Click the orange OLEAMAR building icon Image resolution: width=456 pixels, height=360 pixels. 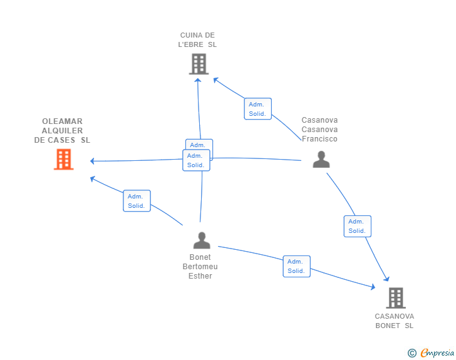point(64,160)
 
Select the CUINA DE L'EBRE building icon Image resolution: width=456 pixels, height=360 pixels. point(199,64)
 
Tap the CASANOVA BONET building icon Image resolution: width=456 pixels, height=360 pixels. point(396,298)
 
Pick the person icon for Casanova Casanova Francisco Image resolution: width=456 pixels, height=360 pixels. point(321,160)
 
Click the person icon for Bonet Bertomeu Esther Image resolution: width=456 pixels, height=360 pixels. point(202,240)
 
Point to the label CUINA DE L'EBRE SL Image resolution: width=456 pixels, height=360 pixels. point(197,40)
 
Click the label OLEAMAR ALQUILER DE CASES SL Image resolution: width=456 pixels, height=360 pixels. point(62,131)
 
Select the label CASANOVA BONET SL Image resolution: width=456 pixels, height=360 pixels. point(395,321)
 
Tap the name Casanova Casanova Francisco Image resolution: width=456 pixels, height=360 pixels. point(319,130)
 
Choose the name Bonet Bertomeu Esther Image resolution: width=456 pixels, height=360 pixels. point(200,266)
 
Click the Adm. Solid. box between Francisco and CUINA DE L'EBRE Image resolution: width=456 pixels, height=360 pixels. point(257,109)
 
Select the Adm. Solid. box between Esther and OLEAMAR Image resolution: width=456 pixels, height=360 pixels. point(137,200)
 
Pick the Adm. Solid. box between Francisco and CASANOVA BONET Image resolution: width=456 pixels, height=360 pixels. point(358,226)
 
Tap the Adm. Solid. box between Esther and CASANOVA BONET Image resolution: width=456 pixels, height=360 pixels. point(297,266)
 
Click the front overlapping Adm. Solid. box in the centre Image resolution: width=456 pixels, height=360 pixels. point(196,160)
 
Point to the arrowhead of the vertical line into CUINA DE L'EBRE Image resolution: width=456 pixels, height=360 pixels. point(198,80)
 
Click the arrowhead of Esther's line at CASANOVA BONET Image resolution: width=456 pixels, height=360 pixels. point(373,287)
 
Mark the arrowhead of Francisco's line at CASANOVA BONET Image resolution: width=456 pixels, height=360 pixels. point(386,279)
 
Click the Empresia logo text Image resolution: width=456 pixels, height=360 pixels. point(437,352)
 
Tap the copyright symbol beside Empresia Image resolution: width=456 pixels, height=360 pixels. point(412,353)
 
